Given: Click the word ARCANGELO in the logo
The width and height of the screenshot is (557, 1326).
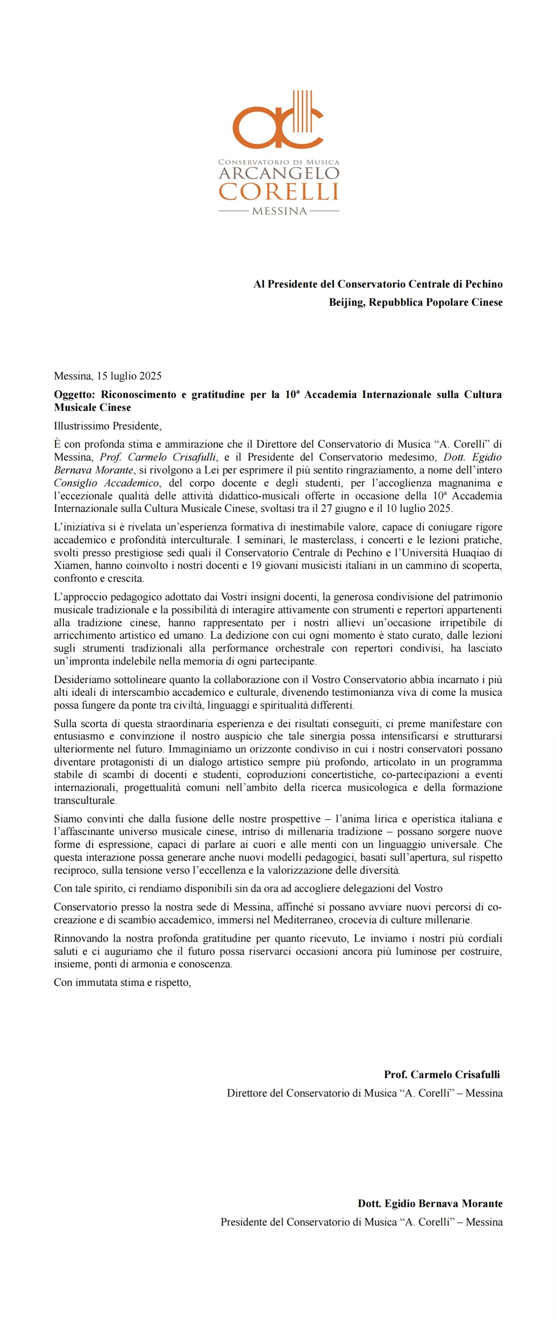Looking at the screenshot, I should coord(279,173).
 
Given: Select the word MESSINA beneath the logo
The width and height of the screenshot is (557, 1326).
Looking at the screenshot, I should coord(279,211).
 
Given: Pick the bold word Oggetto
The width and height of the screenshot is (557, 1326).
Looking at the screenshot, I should coord(75,395).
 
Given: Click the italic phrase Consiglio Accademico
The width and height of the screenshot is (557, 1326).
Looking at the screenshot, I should coord(106,483).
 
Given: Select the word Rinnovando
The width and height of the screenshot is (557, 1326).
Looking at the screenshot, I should coord(79,939).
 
